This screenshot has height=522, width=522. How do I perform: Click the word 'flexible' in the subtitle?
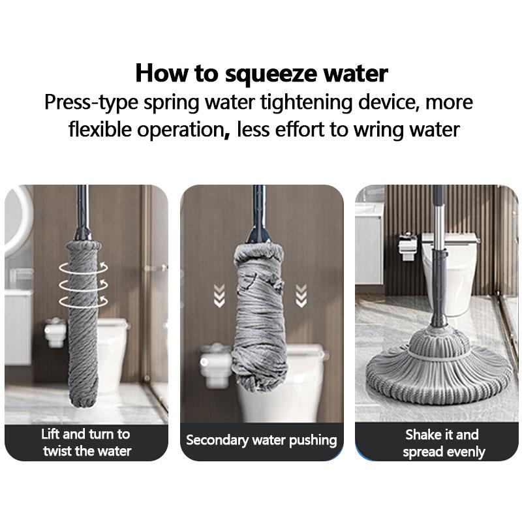coord(104,130)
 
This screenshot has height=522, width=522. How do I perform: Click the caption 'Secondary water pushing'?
coord(262,440)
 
